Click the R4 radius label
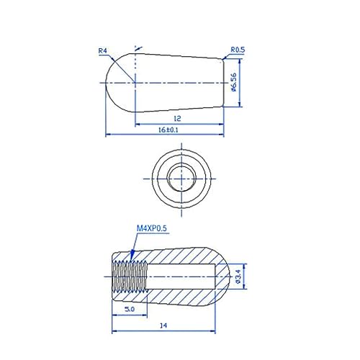point(103,50)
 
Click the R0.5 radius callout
point(238,50)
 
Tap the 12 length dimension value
point(176,117)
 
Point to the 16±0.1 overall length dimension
point(167,130)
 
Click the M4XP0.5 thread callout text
point(152,230)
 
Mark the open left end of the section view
point(114,275)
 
